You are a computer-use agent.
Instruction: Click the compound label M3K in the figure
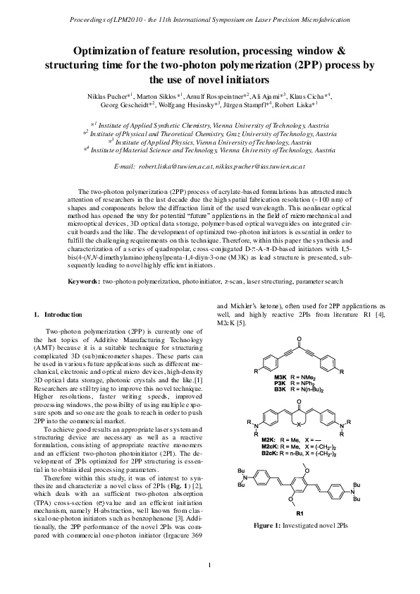(280, 378)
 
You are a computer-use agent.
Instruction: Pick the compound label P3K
(280, 384)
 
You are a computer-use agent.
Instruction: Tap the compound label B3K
(280, 389)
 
